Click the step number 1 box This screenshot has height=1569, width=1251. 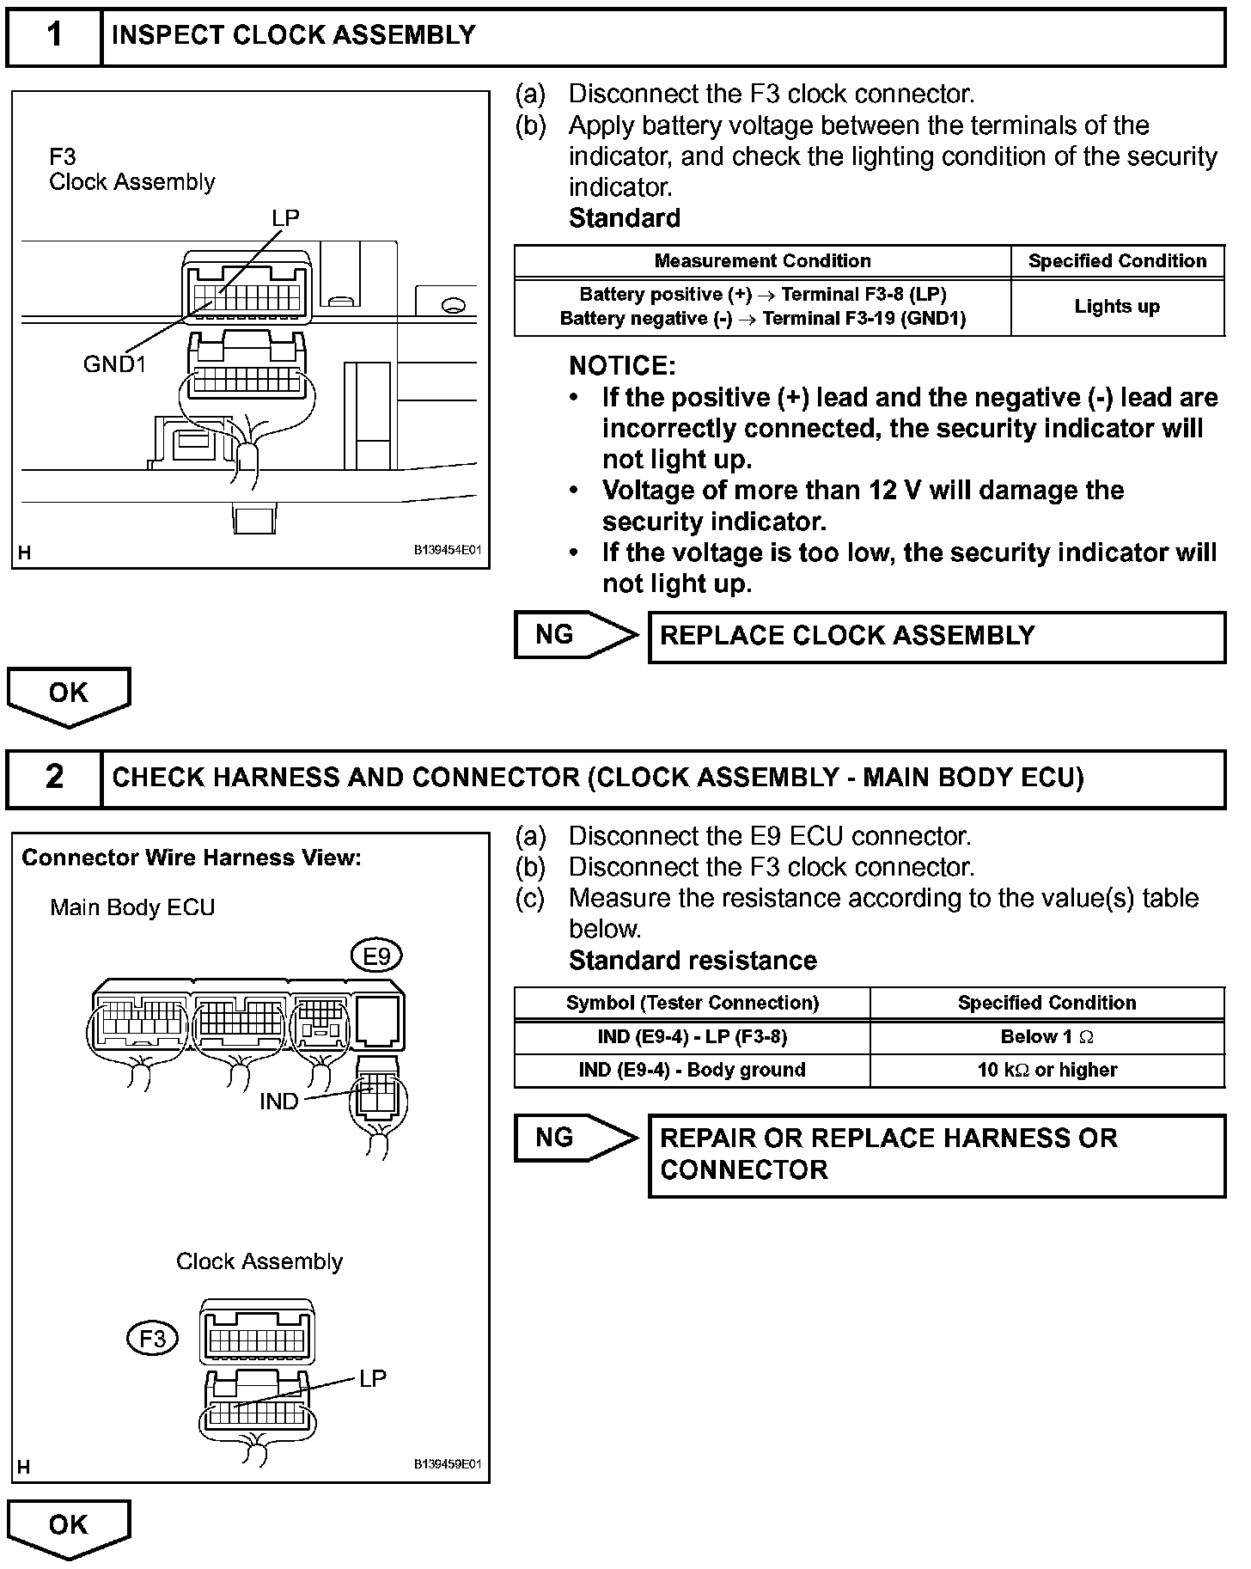54,36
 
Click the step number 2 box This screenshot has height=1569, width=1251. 54,778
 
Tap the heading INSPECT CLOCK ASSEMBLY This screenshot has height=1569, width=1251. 294,35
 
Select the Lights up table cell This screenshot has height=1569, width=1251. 1117,307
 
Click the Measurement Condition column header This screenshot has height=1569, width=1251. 762,261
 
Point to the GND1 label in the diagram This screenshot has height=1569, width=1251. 114,364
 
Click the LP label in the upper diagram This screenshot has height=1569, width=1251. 285,218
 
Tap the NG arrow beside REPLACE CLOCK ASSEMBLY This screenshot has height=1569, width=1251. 575,635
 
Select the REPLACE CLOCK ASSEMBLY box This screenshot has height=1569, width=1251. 936,637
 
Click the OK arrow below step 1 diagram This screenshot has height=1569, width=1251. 68,695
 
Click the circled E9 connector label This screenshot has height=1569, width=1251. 375,956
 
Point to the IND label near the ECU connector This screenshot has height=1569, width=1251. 278,1102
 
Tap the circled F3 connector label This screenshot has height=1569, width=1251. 152,1339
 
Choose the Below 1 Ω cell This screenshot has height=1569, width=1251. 1047,1037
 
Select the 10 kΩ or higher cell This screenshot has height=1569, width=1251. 1047,1071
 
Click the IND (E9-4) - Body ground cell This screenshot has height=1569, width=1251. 692,1071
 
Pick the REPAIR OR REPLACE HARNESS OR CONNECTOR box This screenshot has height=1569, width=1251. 936,1155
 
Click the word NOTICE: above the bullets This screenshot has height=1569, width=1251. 622,367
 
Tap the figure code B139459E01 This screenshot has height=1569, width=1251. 448,1464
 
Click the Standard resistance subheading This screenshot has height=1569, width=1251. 693,961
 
